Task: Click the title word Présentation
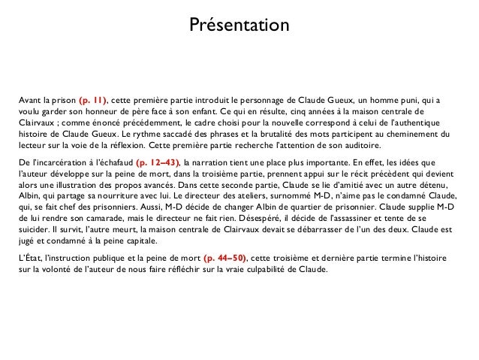tap(239, 26)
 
